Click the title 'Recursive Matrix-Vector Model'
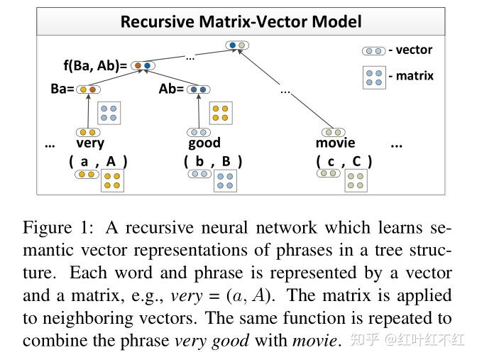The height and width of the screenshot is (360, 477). (x=241, y=21)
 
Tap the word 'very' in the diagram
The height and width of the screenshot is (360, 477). (x=90, y=143)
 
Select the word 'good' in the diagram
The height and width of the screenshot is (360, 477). (x=204, y=143)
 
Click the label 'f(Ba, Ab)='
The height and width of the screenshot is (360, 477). (x=95, y=66)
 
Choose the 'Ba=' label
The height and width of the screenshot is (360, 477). (x=62, y=90)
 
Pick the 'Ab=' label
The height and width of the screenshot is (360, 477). (x=170, y=90)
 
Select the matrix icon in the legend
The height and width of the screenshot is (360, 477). (x=374, y=77)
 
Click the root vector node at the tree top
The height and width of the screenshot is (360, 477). (x=237, y=45)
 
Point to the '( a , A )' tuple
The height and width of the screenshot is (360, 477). (x=98, y=161)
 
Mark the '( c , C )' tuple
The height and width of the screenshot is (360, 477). (x=344, y=161)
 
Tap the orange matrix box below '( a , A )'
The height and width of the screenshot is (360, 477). (x=111, y=180)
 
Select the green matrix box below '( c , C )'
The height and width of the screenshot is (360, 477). (x=356, y=180)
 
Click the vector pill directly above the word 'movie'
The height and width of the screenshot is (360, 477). (x=331, y=132)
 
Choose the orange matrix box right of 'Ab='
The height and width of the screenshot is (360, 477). (x=221, y=113)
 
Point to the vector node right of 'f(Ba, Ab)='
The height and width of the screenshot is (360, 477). (x=142, y=66)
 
